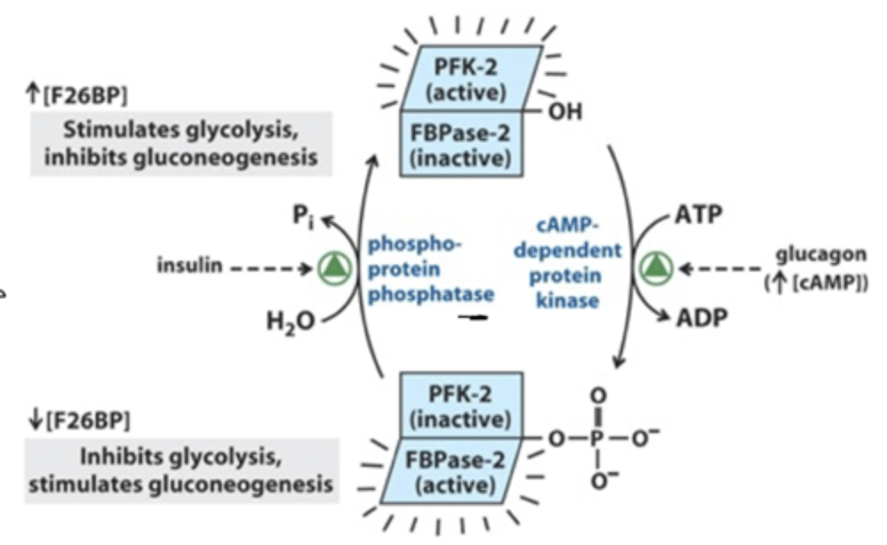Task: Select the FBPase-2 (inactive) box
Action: (461, 145)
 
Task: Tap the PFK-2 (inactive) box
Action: (461, 406)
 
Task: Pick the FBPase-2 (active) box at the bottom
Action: (455, 472)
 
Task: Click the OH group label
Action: (565, 112)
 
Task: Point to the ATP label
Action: (699, 215)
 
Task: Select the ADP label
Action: (702, 318)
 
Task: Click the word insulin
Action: (189, 265)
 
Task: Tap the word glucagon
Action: (820, 254)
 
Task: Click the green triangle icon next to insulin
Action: (335, 268)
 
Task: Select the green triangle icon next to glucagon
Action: (655, 268)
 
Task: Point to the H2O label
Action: (290, 321)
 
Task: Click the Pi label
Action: (302, 216)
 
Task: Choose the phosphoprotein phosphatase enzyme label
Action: (430, 269)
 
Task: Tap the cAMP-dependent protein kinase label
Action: (567, 263)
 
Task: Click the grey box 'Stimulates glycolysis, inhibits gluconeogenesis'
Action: (181, 144)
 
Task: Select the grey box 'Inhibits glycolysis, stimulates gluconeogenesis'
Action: (181, 470)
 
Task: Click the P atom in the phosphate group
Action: (596, 438)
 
